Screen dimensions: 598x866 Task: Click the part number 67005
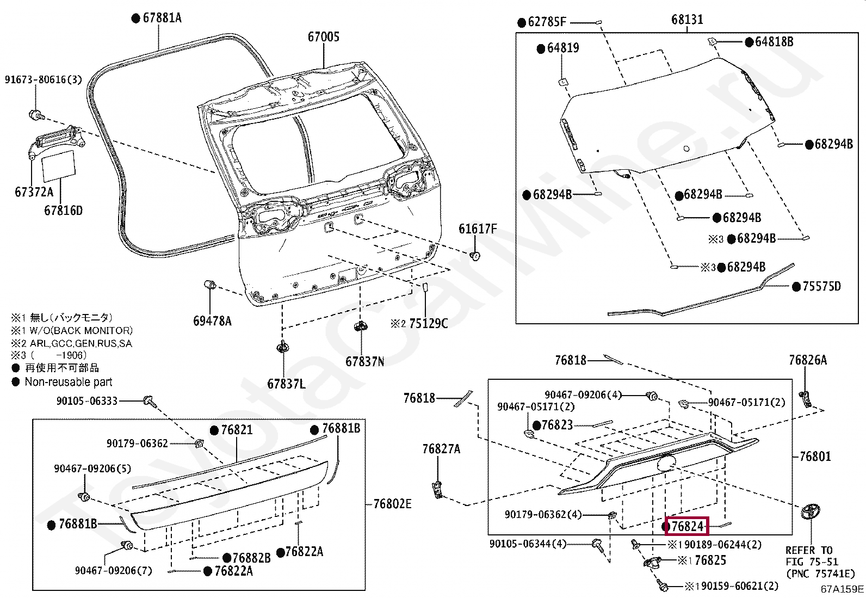[323, 37]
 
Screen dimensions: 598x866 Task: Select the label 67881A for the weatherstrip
[162, 18]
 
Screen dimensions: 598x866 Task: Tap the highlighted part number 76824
[686, 526]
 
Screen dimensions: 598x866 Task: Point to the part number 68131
[687, 20]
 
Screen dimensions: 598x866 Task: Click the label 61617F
[477, 229]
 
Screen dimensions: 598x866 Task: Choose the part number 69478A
[212, 321]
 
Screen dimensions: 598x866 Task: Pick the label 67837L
[286, 384]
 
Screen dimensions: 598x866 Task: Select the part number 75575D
[821, 286]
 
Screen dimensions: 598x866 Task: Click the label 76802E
[392, 504]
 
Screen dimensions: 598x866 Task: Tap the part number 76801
[815, 457]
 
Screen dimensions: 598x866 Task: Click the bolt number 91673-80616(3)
[44, 80]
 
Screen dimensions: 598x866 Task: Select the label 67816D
[63, 211]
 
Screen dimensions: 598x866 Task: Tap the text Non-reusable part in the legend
[69, 382]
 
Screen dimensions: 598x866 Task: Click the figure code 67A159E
[842, 589]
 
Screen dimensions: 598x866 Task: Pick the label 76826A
[807, 360]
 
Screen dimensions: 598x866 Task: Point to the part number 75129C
[428, 324]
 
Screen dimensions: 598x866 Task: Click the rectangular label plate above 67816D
[59, 165]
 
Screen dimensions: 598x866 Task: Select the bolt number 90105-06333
[87, 401]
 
